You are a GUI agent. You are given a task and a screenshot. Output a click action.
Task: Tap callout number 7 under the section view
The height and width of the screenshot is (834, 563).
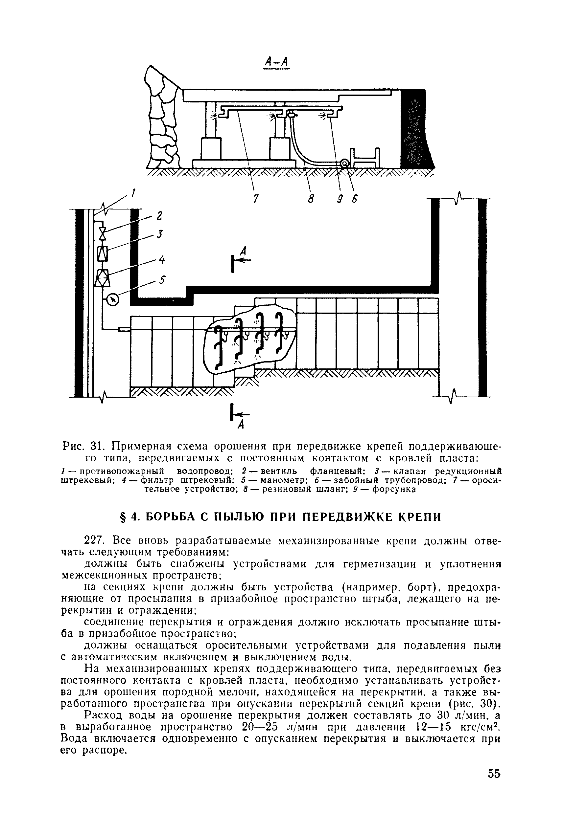coord(255,198)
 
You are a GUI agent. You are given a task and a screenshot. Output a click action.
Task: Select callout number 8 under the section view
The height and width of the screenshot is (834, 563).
coord(311,198)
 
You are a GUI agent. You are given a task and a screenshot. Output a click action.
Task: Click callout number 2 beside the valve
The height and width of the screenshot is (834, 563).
coord(159,216)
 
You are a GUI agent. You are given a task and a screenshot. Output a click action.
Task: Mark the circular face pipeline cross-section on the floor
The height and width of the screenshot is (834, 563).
coord(344,164)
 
